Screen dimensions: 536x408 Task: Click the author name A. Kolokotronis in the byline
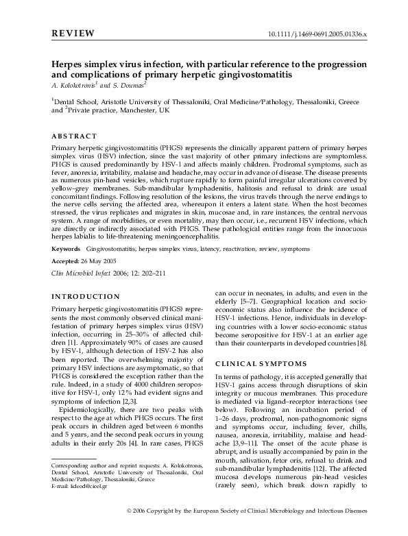click(x=75, y=85)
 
